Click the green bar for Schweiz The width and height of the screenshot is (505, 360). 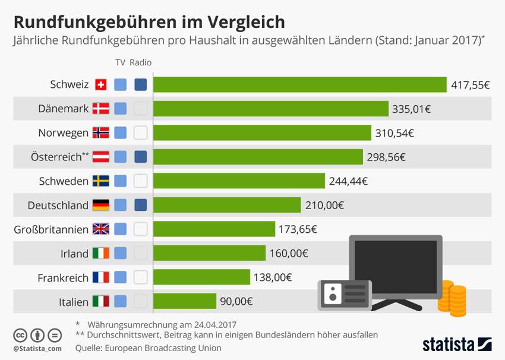[300, 84]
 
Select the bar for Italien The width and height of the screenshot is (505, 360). [185, 301]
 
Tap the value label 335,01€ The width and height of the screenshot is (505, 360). [411, 109]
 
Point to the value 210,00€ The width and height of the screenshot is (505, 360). [324, 205]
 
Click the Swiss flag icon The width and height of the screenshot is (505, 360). [100, 84]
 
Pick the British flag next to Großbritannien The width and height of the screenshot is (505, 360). [100, 229]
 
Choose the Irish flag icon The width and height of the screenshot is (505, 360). [100, 253]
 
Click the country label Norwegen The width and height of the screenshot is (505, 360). [63, 132]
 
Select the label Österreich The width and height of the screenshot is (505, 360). [56, 157]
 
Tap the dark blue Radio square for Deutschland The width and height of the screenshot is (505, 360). [141, 205]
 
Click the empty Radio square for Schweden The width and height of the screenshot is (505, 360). [141, 181]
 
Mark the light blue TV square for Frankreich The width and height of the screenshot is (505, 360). [121, 277]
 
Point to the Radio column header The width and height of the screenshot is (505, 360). [141, 62]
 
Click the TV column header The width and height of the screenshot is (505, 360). [121, 62]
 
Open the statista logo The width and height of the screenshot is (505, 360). [456, 343]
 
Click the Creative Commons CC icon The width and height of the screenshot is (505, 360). [21, 334]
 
